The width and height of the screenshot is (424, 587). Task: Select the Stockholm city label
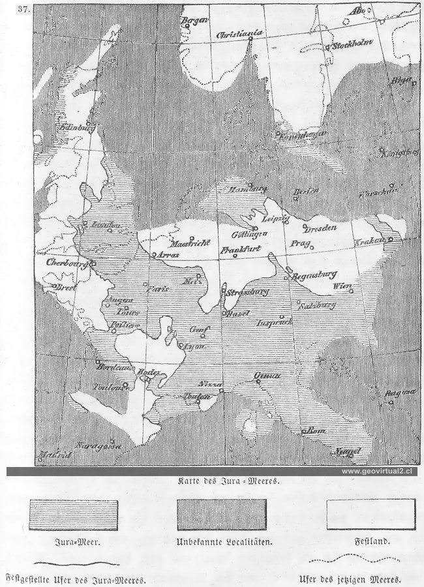tap(352, 46)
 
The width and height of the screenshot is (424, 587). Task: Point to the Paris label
tap(159, 288)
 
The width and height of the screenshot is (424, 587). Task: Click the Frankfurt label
tap(241, 249)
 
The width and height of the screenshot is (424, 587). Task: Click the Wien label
tap(342, 286)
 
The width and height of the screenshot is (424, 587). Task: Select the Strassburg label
tap(247, 292)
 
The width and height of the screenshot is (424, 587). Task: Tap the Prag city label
tap(299, 244)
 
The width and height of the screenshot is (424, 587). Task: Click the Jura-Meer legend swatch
tap(73, 515)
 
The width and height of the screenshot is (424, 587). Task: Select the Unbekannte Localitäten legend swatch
tap(221, 515)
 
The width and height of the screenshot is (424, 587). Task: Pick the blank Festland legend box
tap(371, 515)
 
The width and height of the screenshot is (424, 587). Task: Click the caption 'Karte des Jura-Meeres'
tap(228, 481)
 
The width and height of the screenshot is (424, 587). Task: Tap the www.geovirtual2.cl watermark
tap(379, 471)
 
